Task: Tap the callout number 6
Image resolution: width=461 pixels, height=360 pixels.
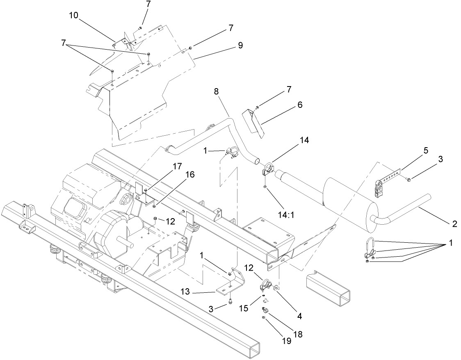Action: coord(300,105)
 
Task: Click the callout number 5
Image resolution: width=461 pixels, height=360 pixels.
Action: coord(426,150)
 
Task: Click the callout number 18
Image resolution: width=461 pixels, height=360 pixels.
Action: coord(298,334)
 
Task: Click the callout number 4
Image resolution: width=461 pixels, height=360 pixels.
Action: coord(299,316)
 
